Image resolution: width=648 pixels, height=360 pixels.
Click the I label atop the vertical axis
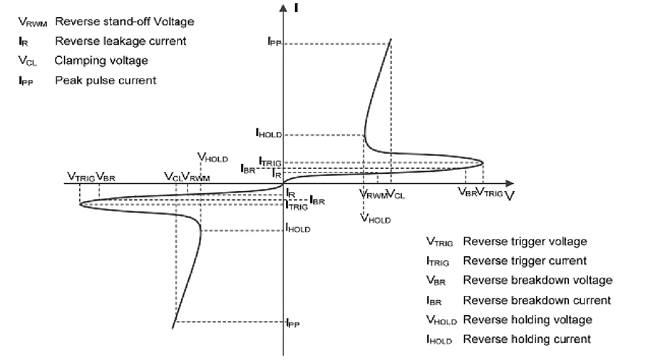[297, 8]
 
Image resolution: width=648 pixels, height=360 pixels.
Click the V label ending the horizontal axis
[509, 195]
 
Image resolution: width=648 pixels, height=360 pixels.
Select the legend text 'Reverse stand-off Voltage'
[124, 22]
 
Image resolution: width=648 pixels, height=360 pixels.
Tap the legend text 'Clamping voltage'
[101, 61]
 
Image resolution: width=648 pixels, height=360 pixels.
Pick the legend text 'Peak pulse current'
[106, 80]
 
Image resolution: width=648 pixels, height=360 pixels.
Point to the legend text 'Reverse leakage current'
[120, 41]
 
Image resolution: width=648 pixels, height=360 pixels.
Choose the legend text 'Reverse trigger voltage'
[525, 242]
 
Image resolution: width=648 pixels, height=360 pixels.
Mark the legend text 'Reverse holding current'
[526, 339]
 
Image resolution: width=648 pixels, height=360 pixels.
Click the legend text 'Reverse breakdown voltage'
[537, 280]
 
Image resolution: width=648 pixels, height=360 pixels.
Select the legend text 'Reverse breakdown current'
[537, 300]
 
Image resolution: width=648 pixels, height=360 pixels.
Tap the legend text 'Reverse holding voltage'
[527, 320]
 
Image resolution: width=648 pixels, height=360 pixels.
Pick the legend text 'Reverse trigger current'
[525, 261]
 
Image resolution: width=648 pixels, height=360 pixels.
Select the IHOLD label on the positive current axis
[268, 133]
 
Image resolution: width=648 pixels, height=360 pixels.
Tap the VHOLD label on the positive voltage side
[375, 219]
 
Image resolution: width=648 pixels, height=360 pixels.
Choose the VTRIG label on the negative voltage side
[81, 177]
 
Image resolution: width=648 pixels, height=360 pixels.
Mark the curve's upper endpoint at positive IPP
[390, 39]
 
